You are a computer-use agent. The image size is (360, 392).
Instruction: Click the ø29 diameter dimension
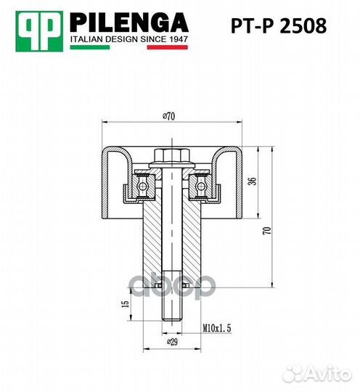[x=172, y=341]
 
